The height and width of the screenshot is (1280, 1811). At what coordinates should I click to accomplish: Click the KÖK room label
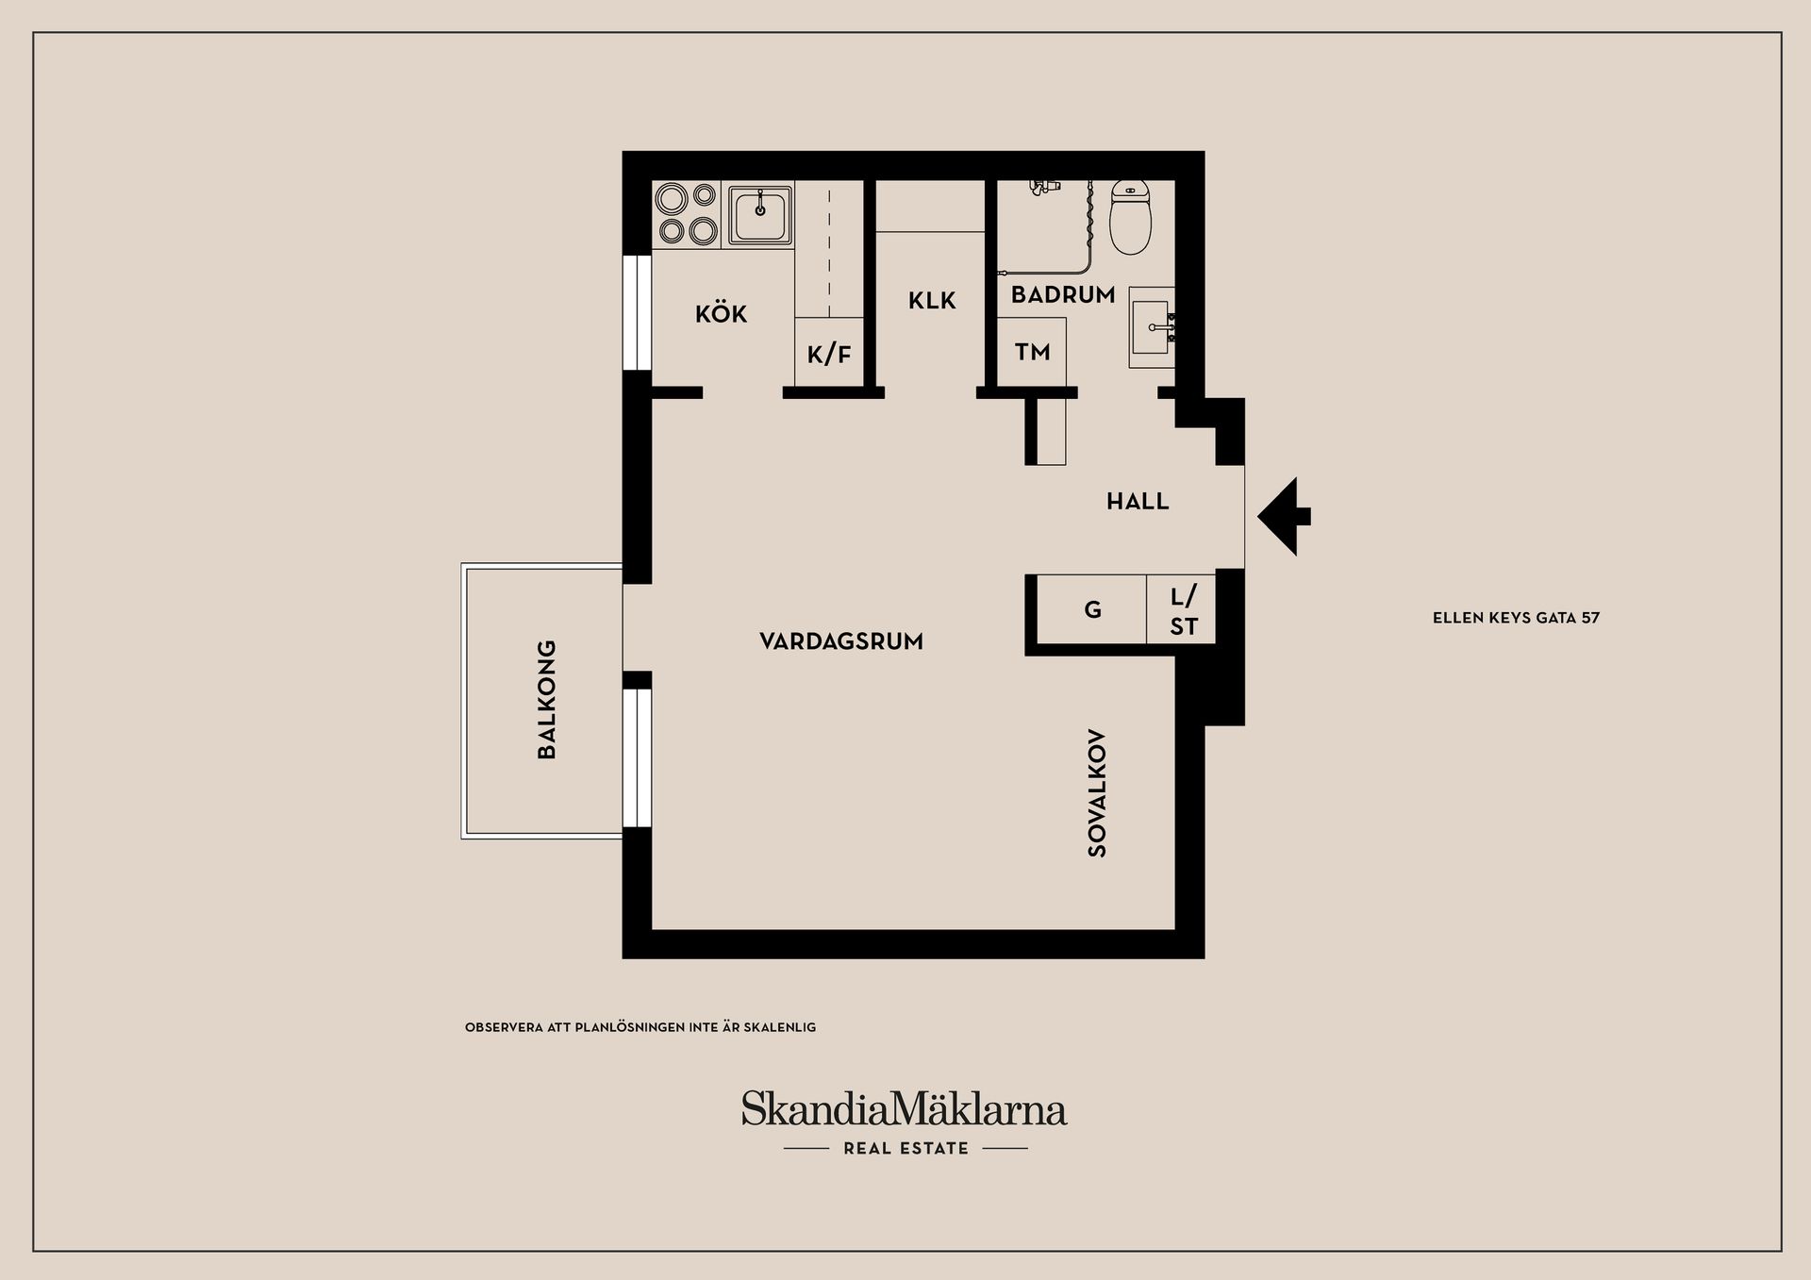coord(721,314)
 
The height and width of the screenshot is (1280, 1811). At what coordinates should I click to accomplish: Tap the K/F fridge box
coord(829,353)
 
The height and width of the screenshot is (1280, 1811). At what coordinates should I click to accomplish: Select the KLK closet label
coord(932,301)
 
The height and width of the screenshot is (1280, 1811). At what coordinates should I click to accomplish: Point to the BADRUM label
coord(1063,295)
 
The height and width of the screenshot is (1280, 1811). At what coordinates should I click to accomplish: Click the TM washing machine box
coord(1032,352)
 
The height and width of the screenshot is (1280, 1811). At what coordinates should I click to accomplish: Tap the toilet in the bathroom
coord(1130,217)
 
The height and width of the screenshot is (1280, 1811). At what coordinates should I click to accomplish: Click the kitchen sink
coord(759,215)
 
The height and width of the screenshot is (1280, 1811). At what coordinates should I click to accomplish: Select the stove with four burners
coord(687,215)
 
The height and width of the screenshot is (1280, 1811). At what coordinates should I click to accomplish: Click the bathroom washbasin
coord(1152,327)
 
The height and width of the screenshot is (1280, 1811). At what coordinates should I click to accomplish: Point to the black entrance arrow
coord(1283,516)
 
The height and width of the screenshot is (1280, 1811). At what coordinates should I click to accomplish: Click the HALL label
coord(1138,502)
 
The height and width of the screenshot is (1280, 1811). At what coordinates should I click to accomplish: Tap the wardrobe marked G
coord(1092,610)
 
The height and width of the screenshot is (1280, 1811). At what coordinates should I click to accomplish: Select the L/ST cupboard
coord(1183,610)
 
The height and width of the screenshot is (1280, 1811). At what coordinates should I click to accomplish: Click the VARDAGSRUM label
coord(841,641)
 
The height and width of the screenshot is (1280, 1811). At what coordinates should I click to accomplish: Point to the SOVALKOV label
coord(1097,793)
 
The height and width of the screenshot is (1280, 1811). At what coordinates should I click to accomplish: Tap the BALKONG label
coord(546,699)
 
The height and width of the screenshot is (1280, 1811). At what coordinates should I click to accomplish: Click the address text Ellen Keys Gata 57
coord(1516,618)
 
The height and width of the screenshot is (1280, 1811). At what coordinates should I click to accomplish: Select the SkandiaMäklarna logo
coord(904,1109)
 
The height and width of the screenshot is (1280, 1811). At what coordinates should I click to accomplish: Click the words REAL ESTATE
coord(905,1148)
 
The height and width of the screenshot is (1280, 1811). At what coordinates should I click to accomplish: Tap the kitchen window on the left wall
coord(639,312)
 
